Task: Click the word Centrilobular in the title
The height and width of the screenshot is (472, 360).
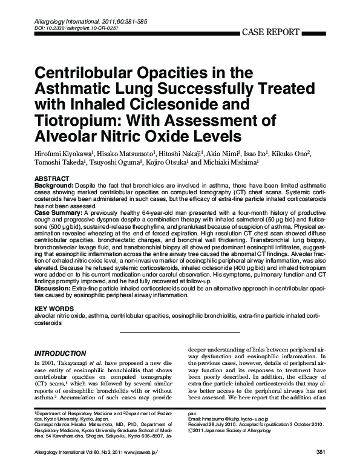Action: click(x=89, y=73)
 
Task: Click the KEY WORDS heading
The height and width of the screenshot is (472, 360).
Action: click(x=52, y=309)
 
